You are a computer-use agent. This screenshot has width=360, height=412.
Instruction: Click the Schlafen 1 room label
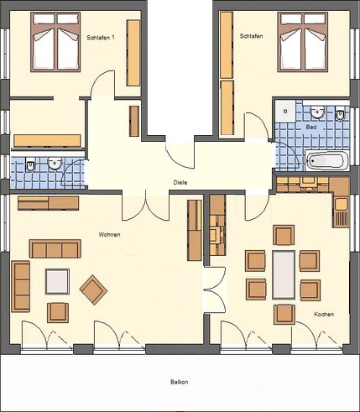101,38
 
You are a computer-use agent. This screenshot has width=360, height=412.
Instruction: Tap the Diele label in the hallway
180,183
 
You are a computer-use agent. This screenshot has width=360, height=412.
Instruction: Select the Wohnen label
109,235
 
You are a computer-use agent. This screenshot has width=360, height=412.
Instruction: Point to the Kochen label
324,315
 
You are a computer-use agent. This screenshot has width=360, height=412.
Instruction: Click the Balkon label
180,382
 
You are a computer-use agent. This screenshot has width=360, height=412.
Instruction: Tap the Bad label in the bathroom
311,127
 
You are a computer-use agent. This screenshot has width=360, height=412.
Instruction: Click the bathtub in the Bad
326,160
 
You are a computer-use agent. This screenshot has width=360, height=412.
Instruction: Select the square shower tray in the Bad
285,111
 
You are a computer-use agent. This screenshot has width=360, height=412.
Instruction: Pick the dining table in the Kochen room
284,275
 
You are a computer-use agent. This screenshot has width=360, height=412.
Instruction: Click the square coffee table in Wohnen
57,281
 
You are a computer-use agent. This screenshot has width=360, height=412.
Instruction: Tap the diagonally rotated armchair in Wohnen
93,289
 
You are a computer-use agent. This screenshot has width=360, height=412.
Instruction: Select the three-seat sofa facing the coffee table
55,248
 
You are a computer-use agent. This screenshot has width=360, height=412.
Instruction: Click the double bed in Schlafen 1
55,42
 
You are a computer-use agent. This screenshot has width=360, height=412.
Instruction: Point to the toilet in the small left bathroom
30,164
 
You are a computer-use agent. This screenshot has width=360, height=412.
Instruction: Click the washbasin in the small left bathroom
55,163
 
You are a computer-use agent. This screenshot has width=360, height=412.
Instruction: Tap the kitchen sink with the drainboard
342,212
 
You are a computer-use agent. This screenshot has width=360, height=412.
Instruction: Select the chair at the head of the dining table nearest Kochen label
284,315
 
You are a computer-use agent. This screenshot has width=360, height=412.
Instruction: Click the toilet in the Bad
340,114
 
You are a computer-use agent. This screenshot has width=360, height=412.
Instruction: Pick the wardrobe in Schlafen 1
133,53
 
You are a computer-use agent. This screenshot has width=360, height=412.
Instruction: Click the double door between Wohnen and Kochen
214,290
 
